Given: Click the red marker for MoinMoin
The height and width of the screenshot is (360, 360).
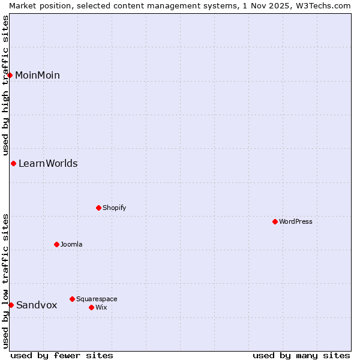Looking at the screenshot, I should point(10,75).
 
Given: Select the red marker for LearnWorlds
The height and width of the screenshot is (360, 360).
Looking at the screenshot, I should point(13,163).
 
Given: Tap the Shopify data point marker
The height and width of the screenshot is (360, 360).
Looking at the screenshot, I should point(98,208).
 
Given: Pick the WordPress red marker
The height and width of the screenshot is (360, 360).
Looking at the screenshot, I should point(275,221).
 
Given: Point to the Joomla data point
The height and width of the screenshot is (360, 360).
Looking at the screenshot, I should point(56,244).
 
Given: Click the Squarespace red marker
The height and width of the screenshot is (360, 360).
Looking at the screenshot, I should point(72,299).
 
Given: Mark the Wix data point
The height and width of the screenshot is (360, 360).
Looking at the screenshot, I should point(91,307).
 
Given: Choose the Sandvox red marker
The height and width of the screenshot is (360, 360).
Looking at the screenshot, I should point(11,305).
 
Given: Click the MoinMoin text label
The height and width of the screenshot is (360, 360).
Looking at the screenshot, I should point(37,75).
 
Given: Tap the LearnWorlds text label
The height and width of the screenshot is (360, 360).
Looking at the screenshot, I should point(48,163).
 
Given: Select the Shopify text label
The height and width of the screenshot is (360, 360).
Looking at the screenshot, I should point(114,208).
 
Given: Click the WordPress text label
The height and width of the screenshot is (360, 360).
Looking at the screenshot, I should point(295,221).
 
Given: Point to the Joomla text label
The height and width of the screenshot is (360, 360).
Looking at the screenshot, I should point(71,244).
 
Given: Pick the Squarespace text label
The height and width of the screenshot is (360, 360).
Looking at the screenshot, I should point(97,299).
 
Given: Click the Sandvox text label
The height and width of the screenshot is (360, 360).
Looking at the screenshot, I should point(37,305).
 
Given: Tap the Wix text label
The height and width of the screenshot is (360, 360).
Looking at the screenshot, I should point(101,307).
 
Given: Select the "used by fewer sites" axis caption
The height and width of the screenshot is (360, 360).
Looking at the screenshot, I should point(62,355).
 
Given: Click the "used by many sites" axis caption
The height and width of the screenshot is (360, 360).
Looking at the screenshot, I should point(301,355).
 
